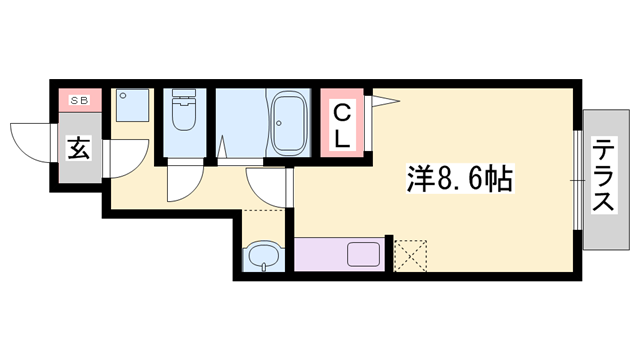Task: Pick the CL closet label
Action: point(342,123)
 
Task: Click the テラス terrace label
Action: point(603,175)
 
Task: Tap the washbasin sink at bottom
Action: point(264,257)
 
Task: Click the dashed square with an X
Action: point(410,254)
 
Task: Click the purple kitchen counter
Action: point(338,253)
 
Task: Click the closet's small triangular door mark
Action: point(383,100)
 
